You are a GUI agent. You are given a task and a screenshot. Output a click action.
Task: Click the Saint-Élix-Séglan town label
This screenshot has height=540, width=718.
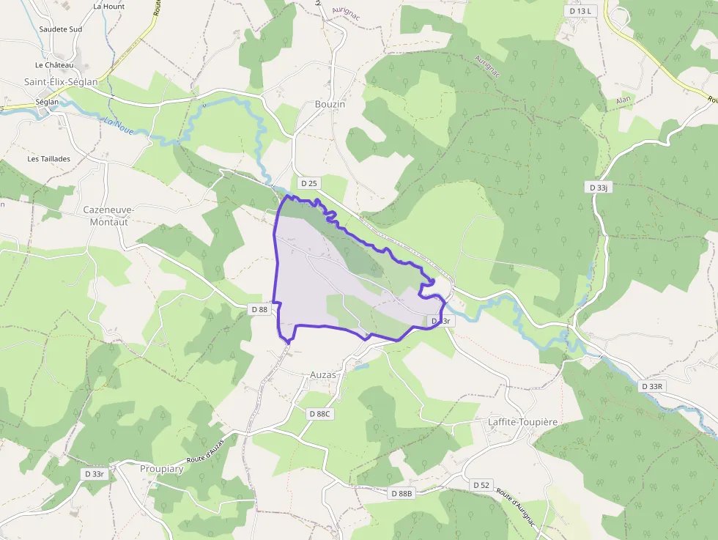coord(61,82)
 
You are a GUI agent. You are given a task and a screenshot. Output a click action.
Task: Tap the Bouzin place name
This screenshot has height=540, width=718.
coord(330,104)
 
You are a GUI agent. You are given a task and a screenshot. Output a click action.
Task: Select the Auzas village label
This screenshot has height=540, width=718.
coord(323,374)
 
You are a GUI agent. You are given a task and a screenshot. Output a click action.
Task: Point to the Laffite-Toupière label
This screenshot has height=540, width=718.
coord(523,422)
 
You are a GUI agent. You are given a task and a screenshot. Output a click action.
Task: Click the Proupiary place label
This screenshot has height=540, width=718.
coord(161,468)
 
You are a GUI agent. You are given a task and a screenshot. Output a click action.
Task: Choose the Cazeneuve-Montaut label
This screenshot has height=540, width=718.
coord(108,215)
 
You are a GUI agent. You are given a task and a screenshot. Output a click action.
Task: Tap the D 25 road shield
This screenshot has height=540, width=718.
coord(308,182)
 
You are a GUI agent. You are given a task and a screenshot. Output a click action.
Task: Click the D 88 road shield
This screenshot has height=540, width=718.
coord(259,309)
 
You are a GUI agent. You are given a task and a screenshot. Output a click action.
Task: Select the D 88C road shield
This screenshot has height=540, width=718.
coord(320,414)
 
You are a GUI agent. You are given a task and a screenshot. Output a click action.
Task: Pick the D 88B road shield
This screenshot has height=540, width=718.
coord(401,494)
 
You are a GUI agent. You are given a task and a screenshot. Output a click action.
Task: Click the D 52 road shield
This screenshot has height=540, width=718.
coord(481,485)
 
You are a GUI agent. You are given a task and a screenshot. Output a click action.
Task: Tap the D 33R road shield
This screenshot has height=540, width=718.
coord(652,386)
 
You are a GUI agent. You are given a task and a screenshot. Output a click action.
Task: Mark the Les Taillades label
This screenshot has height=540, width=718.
coord(49,158)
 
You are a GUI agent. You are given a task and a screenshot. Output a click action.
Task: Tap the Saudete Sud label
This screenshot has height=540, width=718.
coord(61,29)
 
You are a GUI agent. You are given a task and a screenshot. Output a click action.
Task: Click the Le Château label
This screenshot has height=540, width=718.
coord(55,65)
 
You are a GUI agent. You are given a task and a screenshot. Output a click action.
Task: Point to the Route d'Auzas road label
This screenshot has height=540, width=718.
coord(204,448)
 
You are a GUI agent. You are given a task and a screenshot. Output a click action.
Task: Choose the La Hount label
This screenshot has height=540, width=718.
coord(109,7)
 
